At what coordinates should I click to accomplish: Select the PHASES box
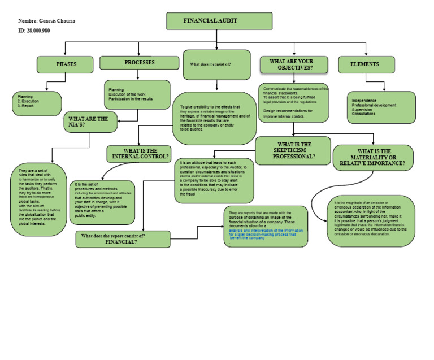66,64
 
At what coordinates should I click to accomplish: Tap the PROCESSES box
138,63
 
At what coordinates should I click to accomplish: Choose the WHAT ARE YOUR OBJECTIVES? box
293,64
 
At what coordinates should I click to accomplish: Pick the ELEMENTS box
366,64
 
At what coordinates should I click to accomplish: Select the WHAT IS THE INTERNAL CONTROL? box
139,154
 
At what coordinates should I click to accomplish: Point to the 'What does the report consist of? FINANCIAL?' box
123,239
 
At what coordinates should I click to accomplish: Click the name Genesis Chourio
55,21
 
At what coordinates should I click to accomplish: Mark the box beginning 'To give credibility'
214,118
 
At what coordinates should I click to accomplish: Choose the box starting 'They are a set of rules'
38,199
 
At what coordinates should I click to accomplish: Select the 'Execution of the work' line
127,94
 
